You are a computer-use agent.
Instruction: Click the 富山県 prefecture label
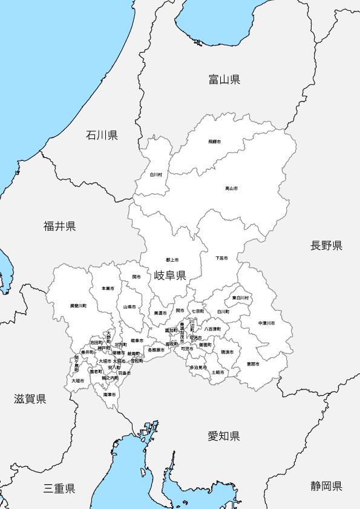224,79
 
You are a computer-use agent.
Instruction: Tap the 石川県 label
102,135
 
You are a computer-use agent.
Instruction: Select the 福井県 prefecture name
59,227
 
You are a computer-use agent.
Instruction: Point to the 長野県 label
327,245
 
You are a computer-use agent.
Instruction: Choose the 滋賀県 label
30,398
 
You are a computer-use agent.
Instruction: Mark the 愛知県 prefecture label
224,436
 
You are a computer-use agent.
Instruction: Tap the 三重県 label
59,488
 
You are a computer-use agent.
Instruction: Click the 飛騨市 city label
214,141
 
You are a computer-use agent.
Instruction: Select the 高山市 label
231,189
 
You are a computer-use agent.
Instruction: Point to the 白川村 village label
156,175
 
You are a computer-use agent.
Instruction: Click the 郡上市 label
171,259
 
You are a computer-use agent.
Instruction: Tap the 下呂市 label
221,258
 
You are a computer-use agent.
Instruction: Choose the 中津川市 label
266,323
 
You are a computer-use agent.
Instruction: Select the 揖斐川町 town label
78,306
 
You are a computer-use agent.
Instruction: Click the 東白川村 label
240,298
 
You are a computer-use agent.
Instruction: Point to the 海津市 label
109,394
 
